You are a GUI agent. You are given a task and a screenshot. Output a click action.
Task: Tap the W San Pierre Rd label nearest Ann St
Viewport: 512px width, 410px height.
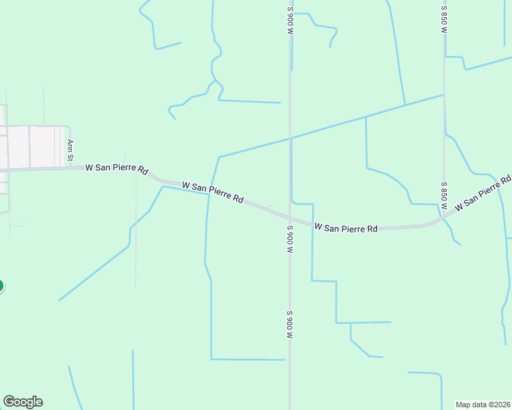point(117,168)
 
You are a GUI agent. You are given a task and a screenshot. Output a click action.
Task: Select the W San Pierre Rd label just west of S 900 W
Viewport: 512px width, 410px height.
point(213,192)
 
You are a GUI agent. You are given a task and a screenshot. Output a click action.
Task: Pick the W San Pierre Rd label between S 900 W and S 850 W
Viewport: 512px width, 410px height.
point(346,227)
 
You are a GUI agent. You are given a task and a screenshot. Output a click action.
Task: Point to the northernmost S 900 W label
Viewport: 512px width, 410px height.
point(290,20)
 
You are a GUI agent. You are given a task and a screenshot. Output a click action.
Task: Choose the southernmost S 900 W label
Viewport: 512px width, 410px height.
point(290,325)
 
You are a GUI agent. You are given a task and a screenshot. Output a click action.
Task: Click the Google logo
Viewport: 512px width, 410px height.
point(23,402)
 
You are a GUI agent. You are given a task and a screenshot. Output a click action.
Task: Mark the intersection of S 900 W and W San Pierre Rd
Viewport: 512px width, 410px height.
point(290,218)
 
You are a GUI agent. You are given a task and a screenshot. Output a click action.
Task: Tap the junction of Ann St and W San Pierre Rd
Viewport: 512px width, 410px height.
point(71,167)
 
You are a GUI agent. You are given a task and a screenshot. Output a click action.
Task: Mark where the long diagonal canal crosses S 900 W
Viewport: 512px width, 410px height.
point(290,139)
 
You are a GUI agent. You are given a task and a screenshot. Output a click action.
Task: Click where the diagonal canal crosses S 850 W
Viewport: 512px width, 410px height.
point(444,95)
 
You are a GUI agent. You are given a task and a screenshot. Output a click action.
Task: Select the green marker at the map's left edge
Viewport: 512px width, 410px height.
point(1,286)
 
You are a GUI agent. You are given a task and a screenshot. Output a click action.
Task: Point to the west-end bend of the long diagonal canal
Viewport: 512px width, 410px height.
point(219,157)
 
